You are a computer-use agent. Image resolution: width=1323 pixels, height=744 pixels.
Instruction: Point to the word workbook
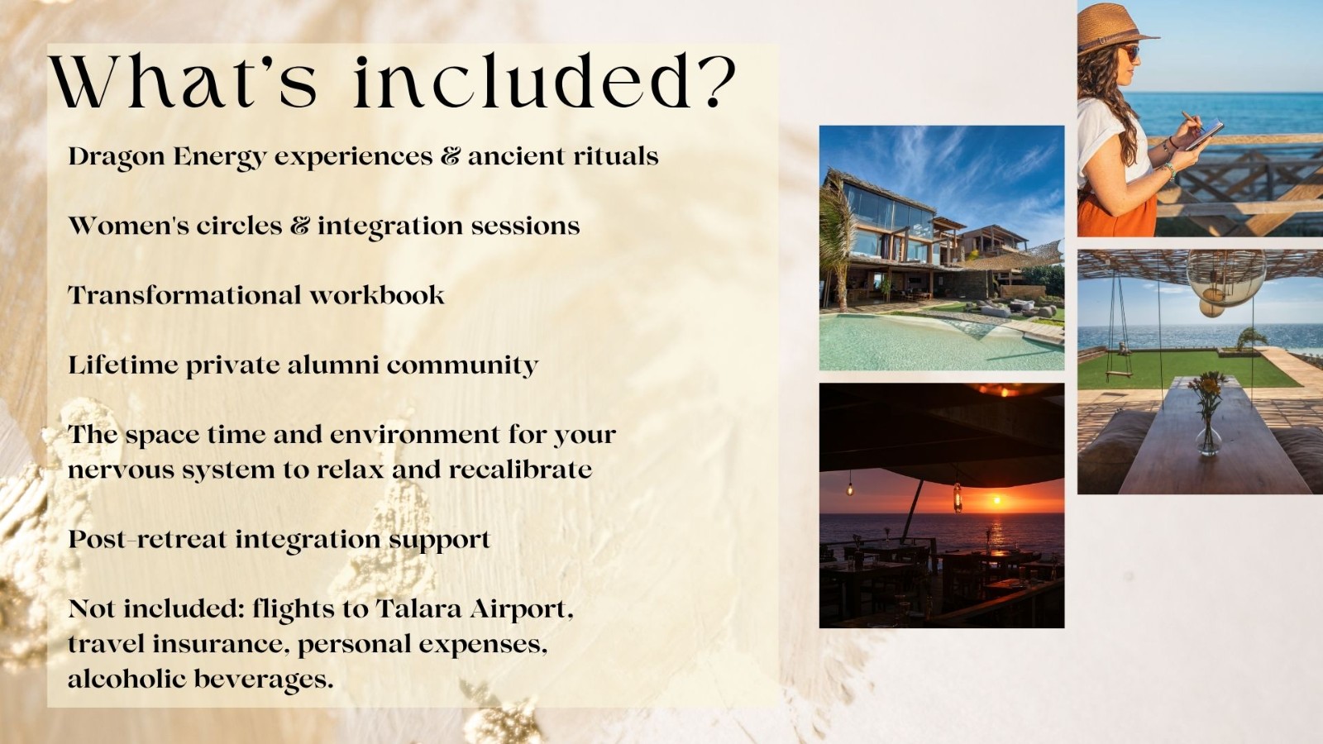pos(377,295)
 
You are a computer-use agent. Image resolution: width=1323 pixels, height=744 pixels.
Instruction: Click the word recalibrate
pos(520,470)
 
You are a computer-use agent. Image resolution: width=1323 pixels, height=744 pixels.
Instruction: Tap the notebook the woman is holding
pos(1205,134)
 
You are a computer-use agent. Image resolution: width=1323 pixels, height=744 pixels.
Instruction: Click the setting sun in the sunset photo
pos(996,501)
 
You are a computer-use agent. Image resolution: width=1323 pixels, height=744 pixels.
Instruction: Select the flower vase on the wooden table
pos(1207,413)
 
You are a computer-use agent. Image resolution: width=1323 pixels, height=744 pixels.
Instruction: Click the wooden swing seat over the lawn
pos(1120,374)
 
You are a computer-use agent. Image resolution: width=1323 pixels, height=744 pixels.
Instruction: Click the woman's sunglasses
pos(1130,53)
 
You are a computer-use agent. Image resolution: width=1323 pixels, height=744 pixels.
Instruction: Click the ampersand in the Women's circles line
pos(300,226)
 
